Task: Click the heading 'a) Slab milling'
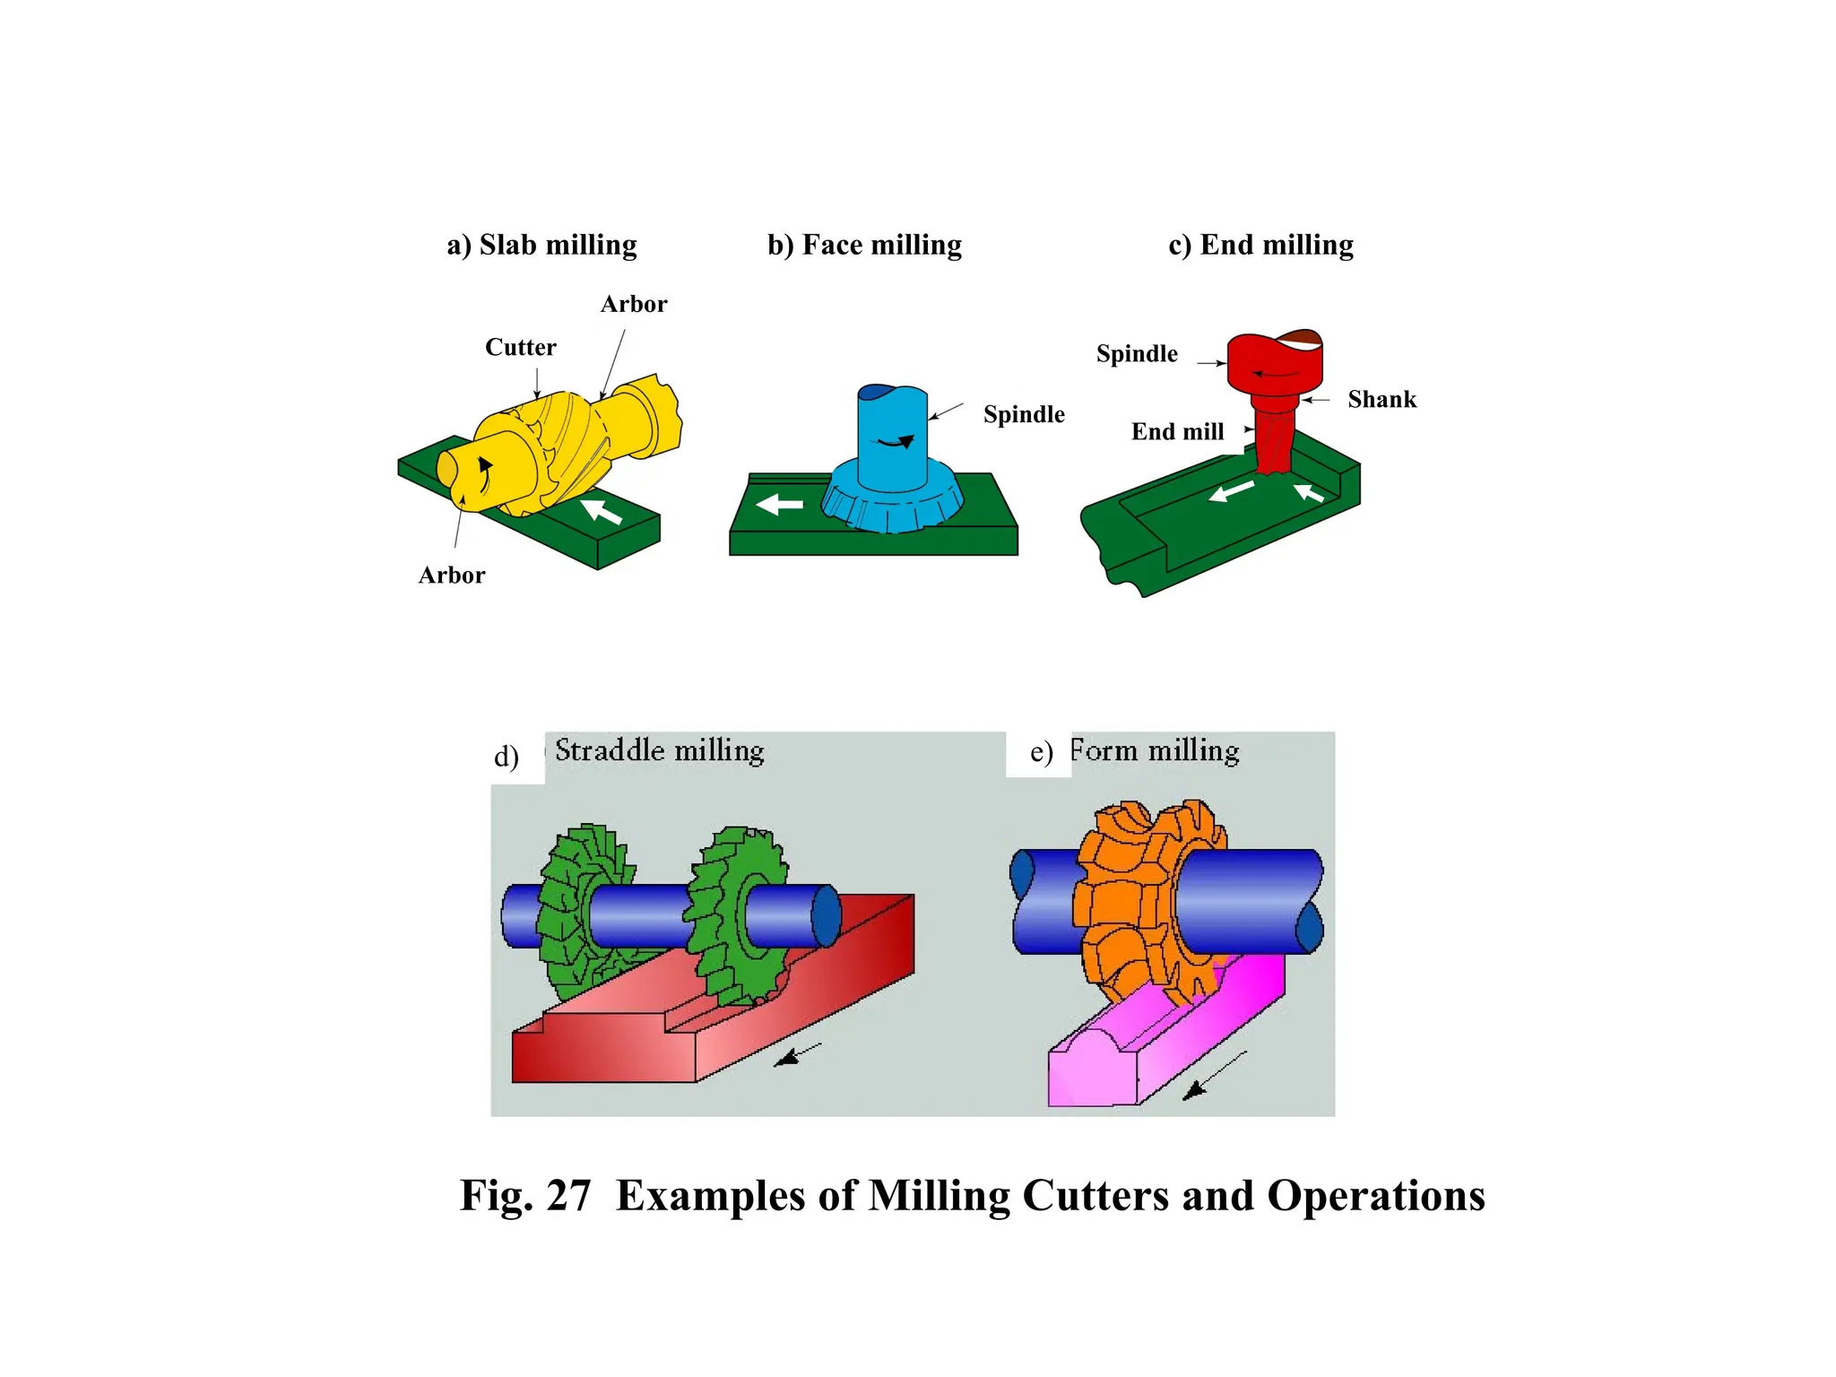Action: point(541,245)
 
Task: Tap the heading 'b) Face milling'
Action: point(864,245)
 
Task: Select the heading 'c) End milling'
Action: point(1260,245)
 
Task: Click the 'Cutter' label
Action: point(520,347)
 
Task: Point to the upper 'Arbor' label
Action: point(633,304)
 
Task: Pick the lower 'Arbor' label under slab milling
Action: point(451,575)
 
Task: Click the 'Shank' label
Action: point(1381,399)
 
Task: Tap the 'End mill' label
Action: point(1177,432)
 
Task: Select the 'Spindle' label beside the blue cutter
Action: point(1024,414)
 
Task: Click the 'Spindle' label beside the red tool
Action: point(1136,353)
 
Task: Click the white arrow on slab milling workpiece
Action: point(602,510)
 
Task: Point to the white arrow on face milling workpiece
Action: point(779,505)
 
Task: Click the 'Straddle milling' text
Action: point(659,750)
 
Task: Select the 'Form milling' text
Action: point(1155,750)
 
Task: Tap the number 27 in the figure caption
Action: point(567,1196)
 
